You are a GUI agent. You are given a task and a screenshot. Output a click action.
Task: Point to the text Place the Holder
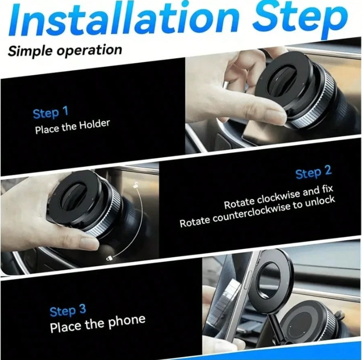pos(72,126)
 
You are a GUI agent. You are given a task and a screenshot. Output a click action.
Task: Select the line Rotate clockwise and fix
pos(278,197)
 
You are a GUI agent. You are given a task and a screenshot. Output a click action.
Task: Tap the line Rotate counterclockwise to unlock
pos(257,212)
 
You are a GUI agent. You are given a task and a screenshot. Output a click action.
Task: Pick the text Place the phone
pos(97,323)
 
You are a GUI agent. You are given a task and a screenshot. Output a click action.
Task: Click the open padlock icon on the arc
pos(109,258)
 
